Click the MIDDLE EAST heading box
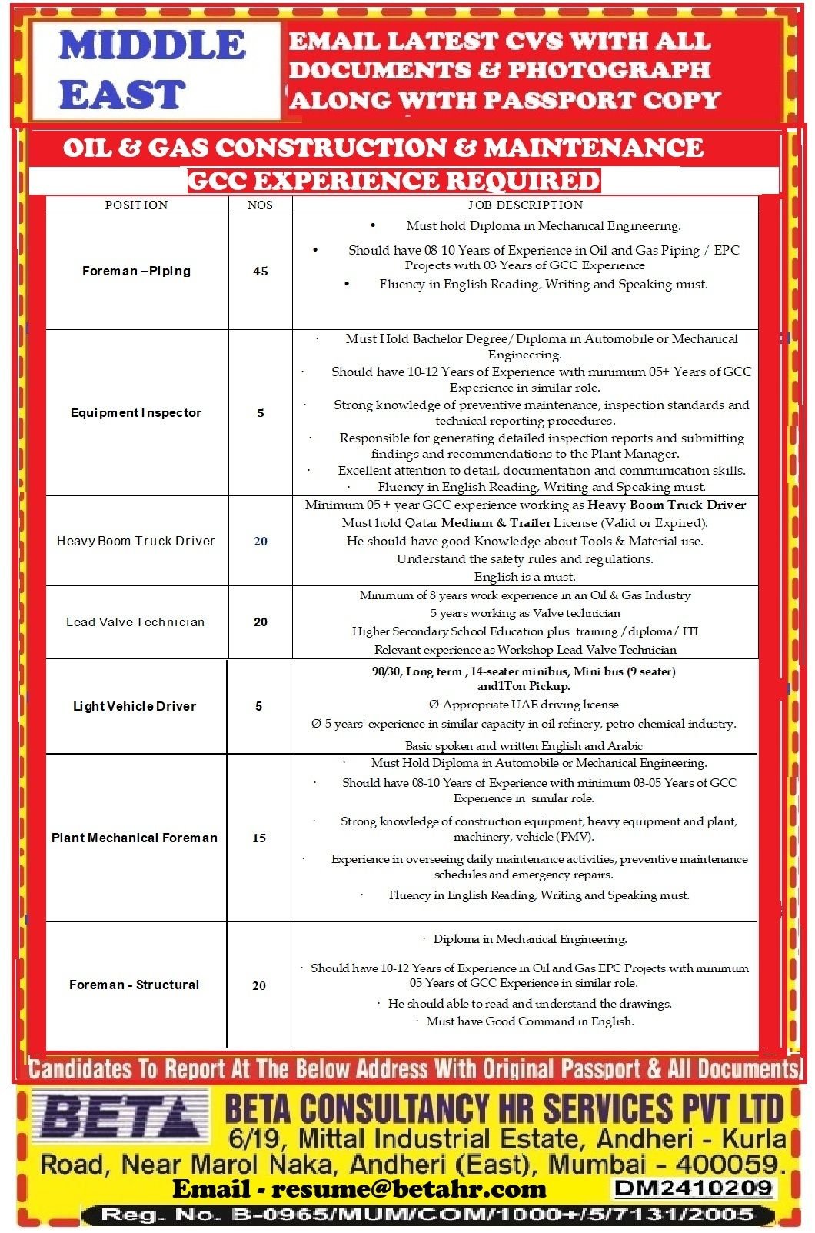tap(154, 71)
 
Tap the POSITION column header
tap(136, 205)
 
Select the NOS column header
tap(260, 205)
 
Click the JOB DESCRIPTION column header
tap(525, 205)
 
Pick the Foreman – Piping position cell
tap(136, 271)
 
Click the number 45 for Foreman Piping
tap(261, 271)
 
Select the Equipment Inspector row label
tap(136, 413)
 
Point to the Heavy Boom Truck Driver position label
tap(136, 541)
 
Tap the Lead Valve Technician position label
tap(136, 622)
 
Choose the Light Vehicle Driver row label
tap(135, 706)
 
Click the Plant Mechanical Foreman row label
tap(135, 838)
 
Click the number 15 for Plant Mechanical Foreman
tap(259, 838)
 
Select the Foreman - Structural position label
tap(135, 985)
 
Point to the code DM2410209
tap(693, 1188)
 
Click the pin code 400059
tap(729, 1163)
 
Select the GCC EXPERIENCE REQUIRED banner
tap(394, 181)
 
